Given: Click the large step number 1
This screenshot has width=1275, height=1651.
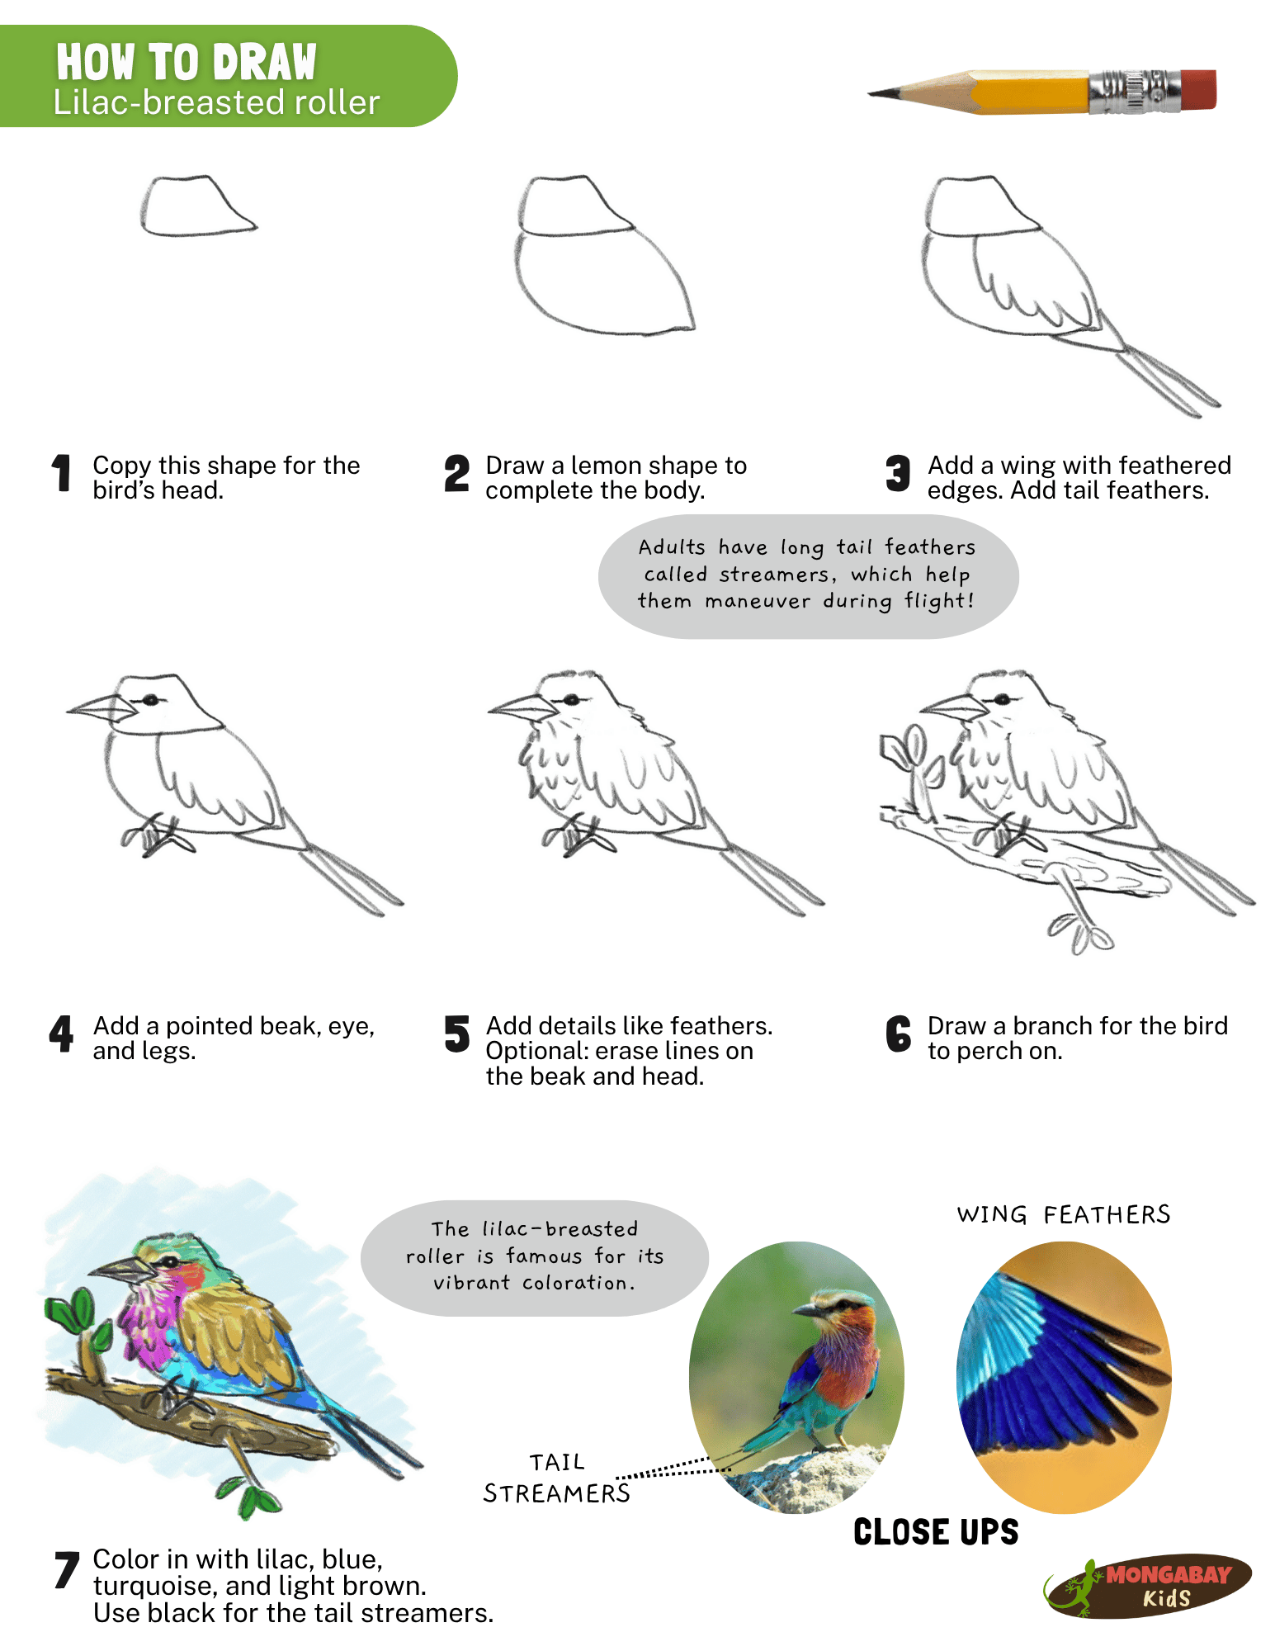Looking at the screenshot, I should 62,474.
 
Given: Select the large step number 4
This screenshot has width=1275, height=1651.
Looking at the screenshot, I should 62,1034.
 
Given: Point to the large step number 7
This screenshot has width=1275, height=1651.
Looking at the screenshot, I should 66,1569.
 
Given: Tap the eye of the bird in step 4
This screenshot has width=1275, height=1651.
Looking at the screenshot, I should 151,700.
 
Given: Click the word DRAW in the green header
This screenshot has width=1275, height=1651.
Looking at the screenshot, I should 264,63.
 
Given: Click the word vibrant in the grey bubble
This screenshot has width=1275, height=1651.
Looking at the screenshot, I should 471,1283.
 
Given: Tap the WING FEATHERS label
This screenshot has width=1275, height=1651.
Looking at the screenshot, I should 1063,1214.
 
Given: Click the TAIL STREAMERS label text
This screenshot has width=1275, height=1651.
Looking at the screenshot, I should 556,1478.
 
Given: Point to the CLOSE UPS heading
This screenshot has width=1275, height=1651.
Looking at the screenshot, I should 935,1532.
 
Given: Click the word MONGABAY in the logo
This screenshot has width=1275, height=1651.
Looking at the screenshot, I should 1168,1575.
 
